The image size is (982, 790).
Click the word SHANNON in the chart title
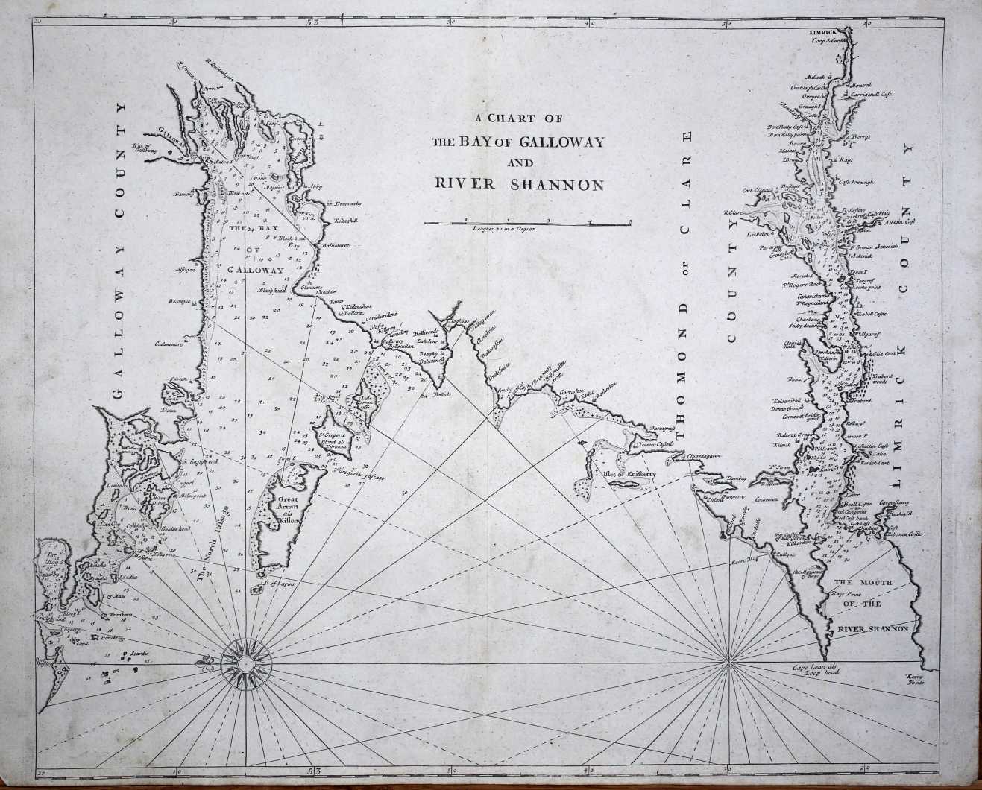pyautogui.click(x=557, y=185)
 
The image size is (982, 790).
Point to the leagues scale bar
pyautogui.click(x=528, y=222)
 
